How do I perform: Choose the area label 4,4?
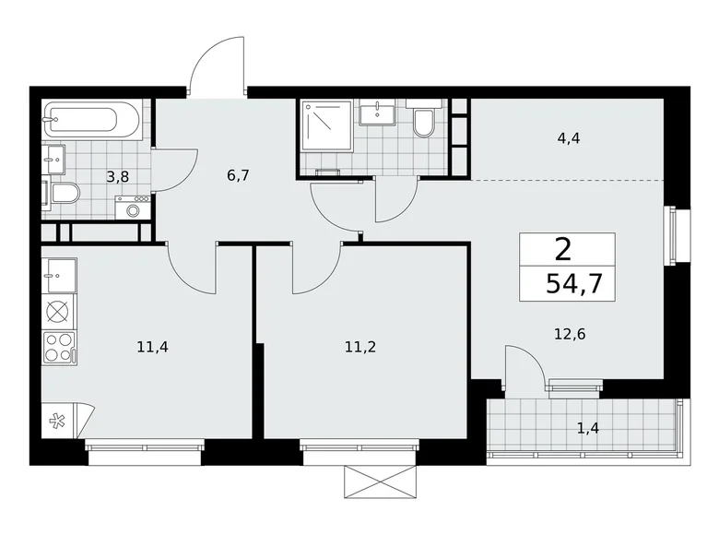point(568,138)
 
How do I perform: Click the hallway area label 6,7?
point(239,172)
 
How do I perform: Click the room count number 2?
point(562,248)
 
